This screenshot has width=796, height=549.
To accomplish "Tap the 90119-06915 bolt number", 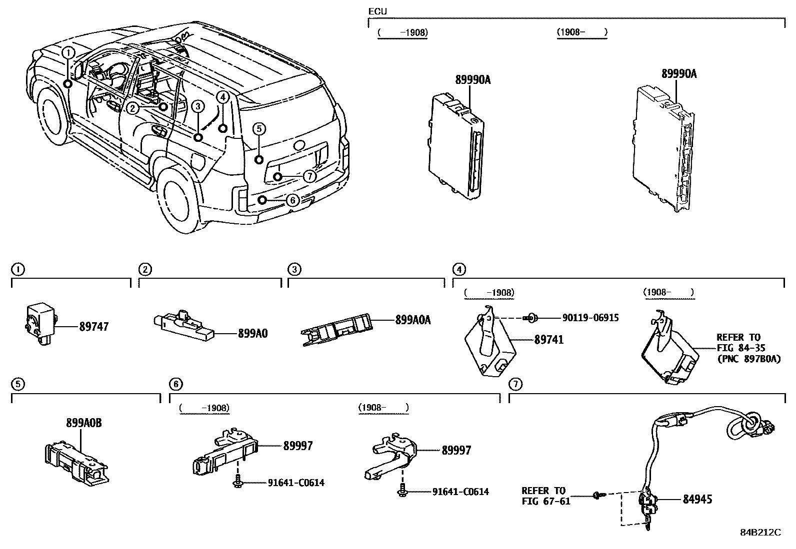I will coord(590,318).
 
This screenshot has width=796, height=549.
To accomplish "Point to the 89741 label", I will coord(548,340).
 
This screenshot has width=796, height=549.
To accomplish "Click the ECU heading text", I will coord(377,11).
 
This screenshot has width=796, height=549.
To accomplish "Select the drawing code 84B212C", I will coord(760,533).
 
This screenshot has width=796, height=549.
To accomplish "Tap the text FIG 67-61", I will coord(545,501).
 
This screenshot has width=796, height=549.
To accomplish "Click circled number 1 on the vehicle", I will coord(68,52).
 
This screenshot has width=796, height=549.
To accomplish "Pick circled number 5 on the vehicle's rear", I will coord(258,129).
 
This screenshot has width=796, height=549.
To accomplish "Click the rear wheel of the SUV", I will coord(177,200).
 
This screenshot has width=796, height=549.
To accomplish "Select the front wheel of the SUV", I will coord(50,116).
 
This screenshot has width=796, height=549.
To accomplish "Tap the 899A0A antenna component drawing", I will coord(337,330).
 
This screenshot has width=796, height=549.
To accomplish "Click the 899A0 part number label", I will coord(252,333).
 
